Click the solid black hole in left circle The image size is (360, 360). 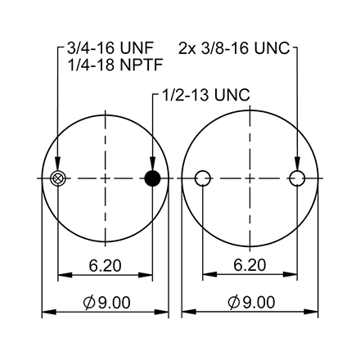click(152, 178)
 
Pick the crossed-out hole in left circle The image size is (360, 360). click(57, 178)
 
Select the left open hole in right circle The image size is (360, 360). click(204, 178)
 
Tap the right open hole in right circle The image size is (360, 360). click(299, 178)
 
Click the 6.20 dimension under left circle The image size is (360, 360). click(105, 266)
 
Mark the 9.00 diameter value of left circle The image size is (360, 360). click(112, 303)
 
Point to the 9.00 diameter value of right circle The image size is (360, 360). click(259, 303)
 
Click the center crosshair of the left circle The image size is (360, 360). click(105, 178)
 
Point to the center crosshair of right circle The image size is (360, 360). click(251, 178)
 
